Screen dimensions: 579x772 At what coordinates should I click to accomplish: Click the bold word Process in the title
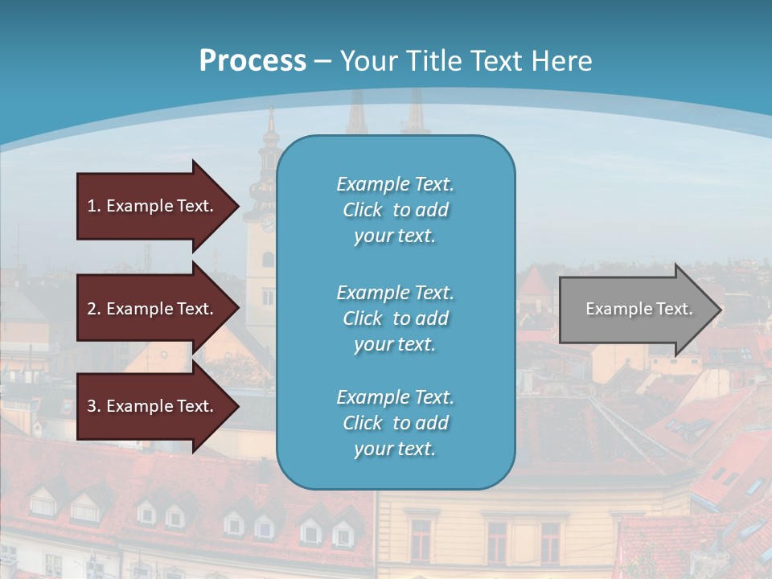click(x=253, y=61)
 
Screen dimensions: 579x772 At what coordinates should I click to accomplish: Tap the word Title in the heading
click(x=436, y=61)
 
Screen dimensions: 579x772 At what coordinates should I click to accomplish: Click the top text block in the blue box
click(x=395, y=210)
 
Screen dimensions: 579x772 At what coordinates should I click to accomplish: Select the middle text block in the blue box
click(x=395, y=318)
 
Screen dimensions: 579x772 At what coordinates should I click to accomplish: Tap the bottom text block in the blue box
click(x=395, y=423)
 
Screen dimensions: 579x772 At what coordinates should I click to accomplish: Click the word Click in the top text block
click(x=362, y=210)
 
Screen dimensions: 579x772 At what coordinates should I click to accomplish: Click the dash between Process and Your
click(x=323, y=62)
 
